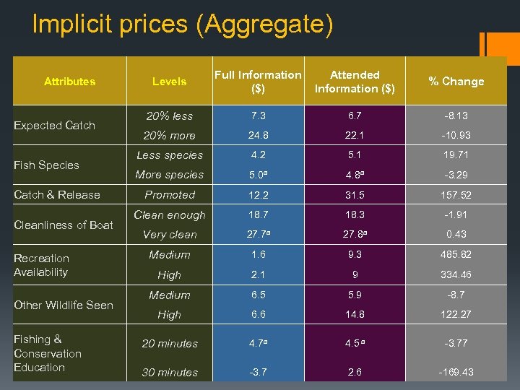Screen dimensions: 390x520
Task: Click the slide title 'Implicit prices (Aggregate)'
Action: (x=183, y=25)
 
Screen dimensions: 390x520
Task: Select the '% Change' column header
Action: (x=456, y=82)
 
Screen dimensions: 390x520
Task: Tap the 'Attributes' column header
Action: (x=69, y=82)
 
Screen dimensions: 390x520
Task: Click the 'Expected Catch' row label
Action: (x=55, y=126)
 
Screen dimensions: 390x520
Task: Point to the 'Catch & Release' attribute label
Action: (x=57, y=195)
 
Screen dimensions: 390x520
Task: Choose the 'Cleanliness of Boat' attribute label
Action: (x=64, y=225)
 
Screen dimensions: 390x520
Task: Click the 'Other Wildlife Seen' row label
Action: (x=64, y=305)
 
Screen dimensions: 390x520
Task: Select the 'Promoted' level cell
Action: (x=170, y=195)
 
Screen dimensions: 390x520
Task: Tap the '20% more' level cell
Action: (x=170, y=136)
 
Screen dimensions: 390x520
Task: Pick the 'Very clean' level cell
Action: (x=170, y=235)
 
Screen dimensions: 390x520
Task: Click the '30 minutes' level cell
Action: (x=170, y=373)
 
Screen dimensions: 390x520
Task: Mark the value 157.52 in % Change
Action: (x=456, y=195)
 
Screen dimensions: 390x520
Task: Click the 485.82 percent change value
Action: (x=456, y=255)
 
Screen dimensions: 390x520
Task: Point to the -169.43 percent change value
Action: (x=456, y=373)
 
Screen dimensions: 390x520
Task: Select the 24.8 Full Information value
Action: (x=258, y=136)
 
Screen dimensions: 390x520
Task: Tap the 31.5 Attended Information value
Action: (x=355, y=195)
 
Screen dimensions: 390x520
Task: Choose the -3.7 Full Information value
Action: (x=258, y=373)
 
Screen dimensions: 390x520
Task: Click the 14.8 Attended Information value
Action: (x=355, y=315)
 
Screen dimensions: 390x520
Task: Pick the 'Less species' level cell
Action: (x=170, y=155)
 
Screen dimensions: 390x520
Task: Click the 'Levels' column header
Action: (x=170, y=82)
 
